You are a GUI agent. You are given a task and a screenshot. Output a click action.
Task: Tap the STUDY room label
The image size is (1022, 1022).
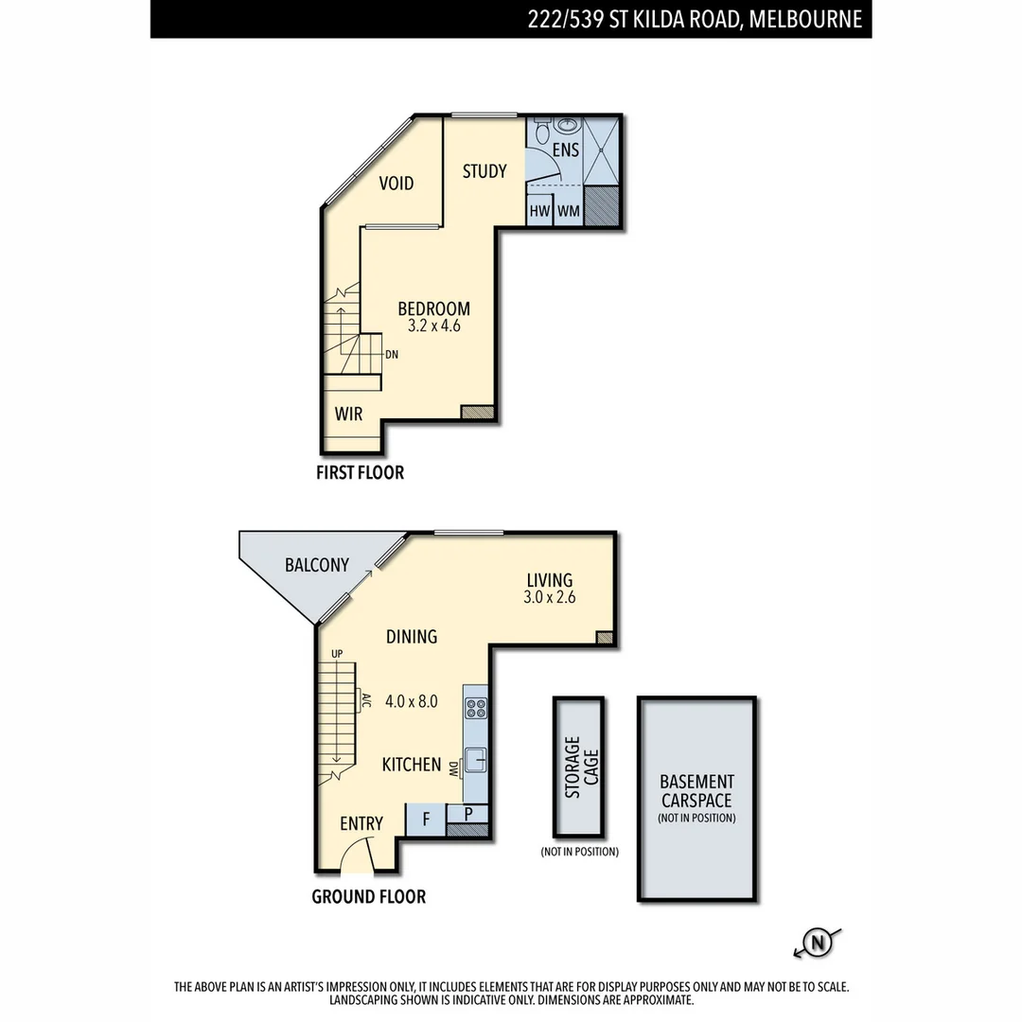point(485,171)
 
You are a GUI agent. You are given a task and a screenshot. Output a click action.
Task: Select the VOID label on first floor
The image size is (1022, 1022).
point(396,184)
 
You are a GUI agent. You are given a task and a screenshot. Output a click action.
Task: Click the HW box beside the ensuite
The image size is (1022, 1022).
point(539,211)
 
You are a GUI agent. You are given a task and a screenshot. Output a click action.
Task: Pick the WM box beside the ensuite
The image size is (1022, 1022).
point(568,211)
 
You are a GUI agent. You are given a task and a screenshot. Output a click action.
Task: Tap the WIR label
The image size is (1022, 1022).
point(348,414)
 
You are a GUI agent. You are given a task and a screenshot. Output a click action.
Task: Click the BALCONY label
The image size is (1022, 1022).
point(317,565)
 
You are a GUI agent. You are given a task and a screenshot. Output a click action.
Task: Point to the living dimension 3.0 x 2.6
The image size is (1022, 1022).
point(550,598)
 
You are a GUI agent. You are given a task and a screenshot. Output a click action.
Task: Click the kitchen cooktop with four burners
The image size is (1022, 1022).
point(476,707)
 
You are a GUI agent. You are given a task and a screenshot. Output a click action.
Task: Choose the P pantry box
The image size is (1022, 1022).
point(469,814)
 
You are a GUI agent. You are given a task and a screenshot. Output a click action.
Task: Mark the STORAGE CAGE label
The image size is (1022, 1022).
point(579,767)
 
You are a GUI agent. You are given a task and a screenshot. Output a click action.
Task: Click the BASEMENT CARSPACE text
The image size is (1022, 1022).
point(696,790)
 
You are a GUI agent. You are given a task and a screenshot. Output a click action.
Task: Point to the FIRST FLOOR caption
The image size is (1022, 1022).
point(360,472)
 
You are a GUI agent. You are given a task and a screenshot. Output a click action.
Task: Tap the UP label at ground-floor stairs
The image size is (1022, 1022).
point(336,654)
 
